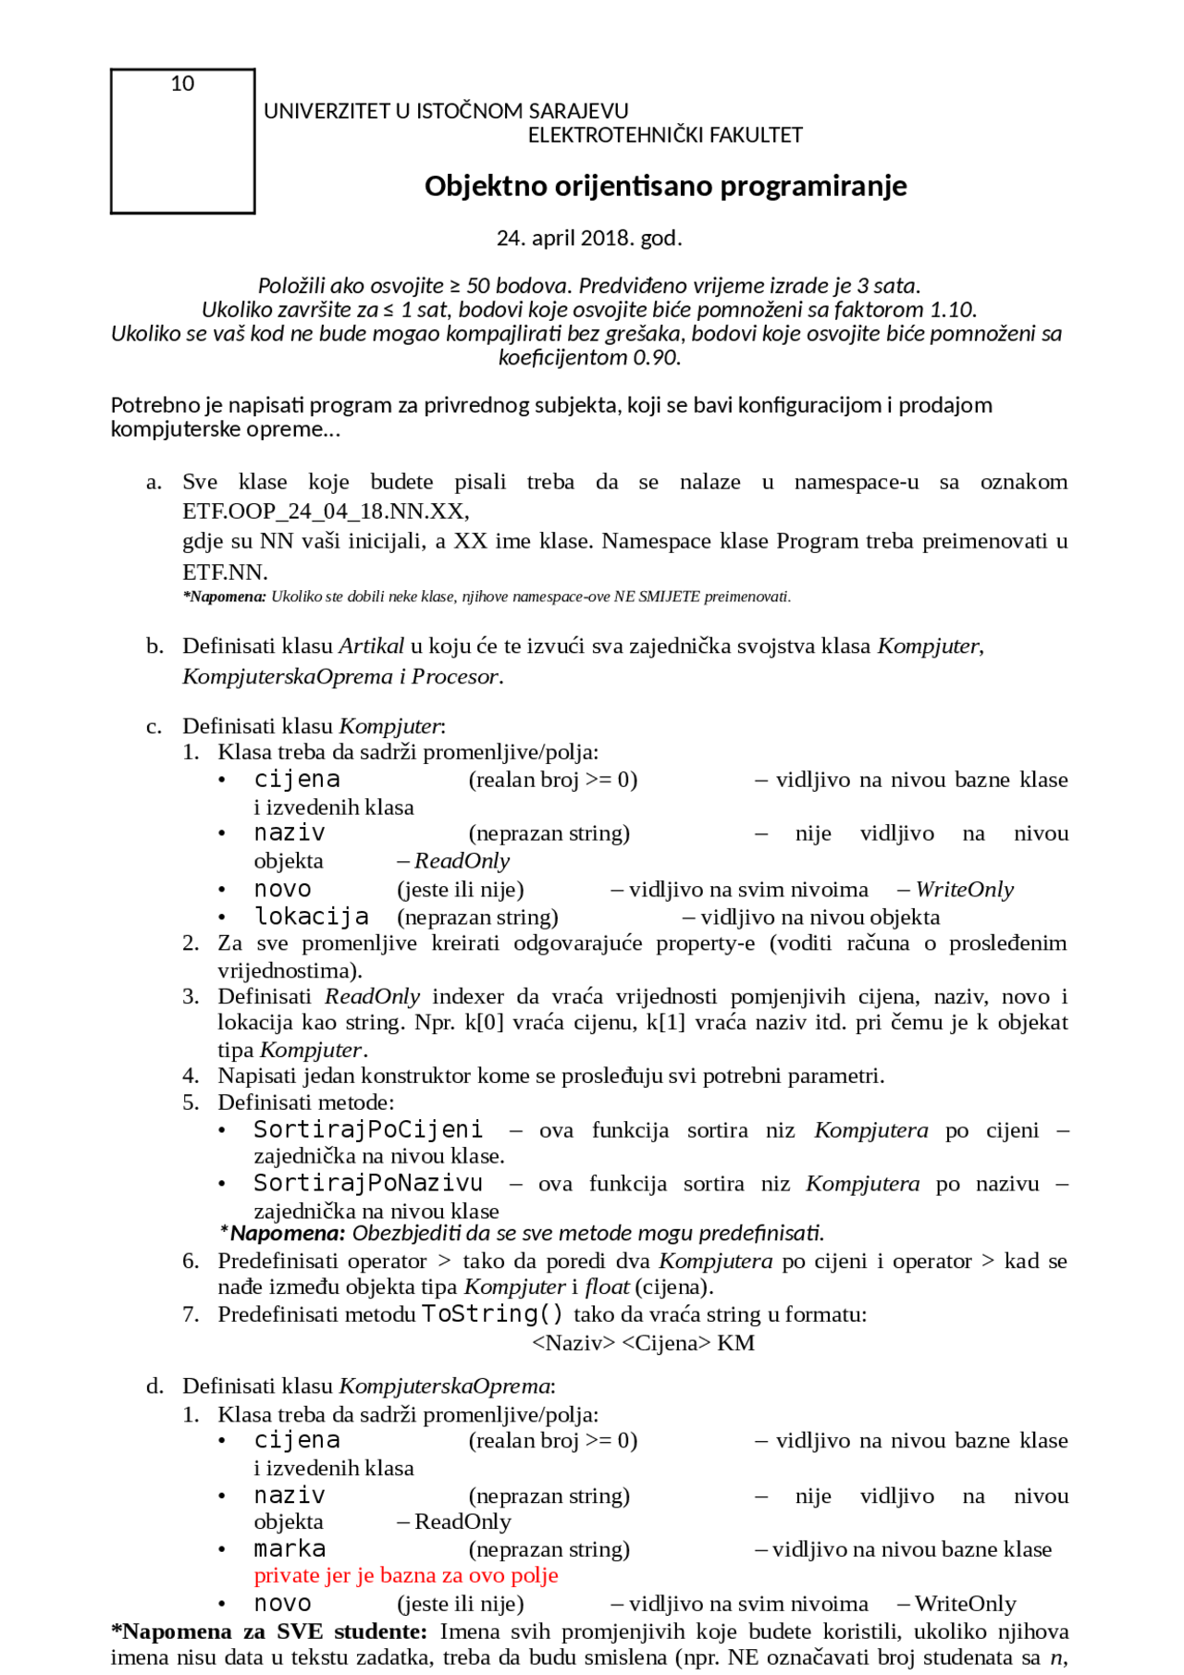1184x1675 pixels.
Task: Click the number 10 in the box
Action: point(182,84)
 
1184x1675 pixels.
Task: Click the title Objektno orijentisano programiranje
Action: point(665,186)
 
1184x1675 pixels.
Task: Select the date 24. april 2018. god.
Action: point(589,239)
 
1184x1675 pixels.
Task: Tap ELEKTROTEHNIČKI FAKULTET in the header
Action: point(665,135)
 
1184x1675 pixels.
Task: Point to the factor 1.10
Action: point(952,310)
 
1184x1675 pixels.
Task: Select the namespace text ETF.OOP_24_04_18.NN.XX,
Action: point(326,511)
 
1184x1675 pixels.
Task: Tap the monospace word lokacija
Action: point(312,917)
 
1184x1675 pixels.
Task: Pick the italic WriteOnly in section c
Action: point(964,890)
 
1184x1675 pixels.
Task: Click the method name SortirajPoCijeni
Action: point(368,1130)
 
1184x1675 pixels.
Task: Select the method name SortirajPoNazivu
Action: point(368,1184)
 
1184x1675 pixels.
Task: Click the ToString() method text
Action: point(492,1314)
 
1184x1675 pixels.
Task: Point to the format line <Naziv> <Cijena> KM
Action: point(643,1343)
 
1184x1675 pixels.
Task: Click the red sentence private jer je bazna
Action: point(406,1575)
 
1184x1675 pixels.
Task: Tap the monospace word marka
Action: point(290,1549)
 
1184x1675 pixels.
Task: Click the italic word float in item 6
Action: point(607,1287)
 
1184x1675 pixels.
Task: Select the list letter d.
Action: point(154,1386)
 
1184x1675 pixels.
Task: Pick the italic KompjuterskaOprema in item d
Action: point(445,1386)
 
